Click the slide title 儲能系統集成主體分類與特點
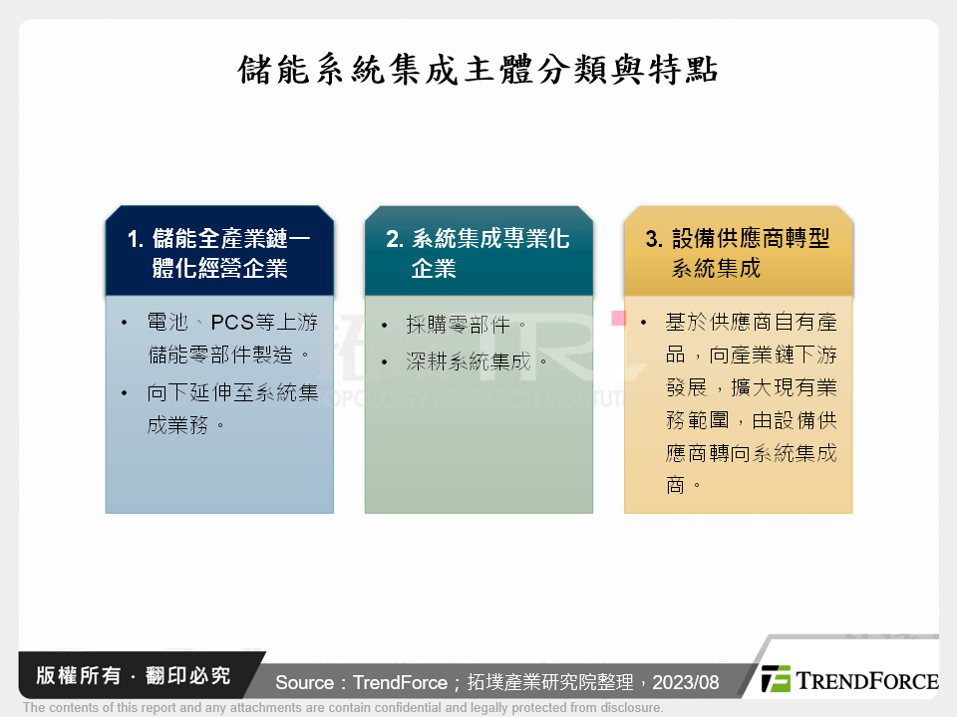pos(478,71)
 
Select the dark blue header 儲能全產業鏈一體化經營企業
pos(219,252)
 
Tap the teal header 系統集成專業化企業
pos(478,252)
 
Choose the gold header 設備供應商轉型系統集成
pos(738,252)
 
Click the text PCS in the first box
pos(234,323)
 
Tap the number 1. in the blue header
pos(137,239)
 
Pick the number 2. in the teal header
pos(395,239)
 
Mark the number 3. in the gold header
pos(654,239)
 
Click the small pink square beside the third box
pos(618,319)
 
